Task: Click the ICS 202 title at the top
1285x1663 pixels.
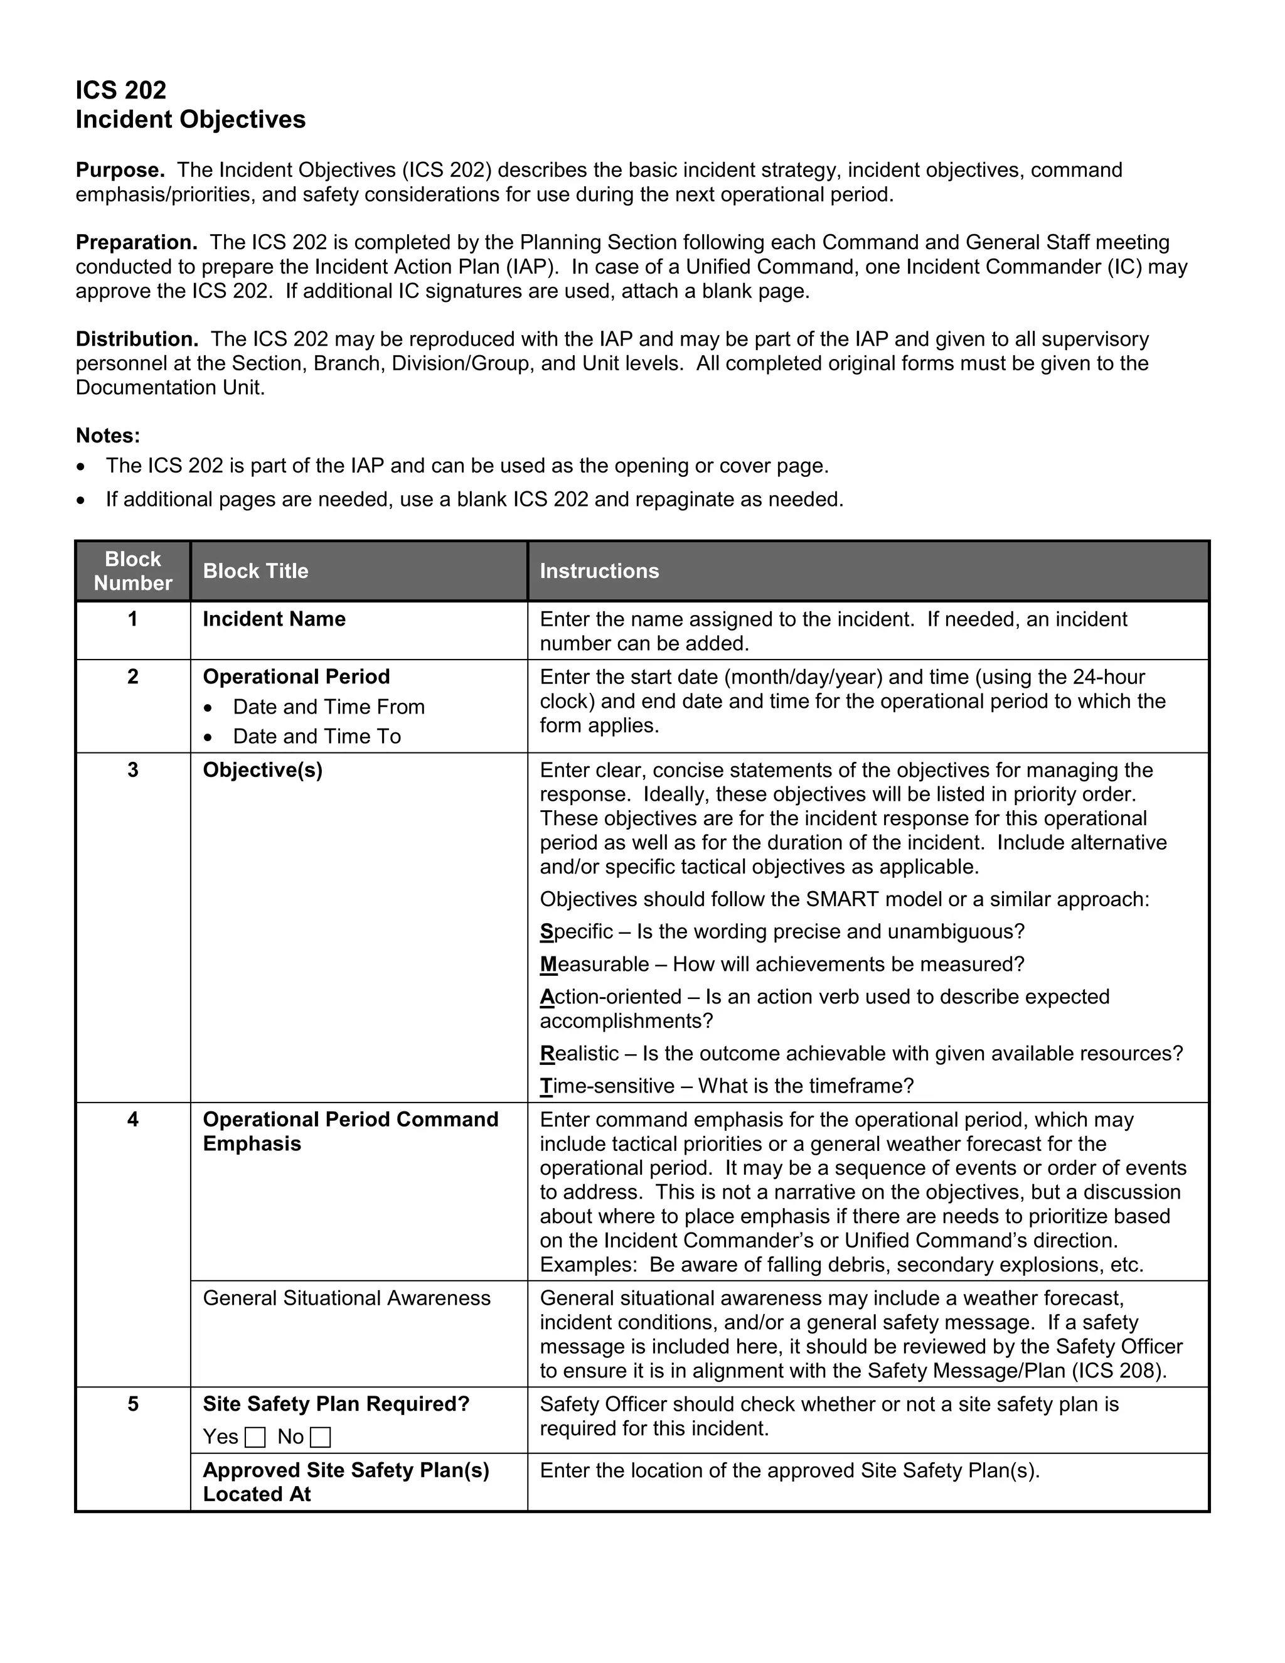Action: point(120,90)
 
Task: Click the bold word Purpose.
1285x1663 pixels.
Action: point(119,170)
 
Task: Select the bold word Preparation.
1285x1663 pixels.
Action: point(136,242)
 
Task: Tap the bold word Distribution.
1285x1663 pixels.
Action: point(137,339)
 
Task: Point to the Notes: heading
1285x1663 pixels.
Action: point(108,436)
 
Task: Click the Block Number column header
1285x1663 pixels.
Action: point(132,571)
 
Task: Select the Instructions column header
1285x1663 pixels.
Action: point(599,571)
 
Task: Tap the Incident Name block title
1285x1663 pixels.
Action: point(274,619)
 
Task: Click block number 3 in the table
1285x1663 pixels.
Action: point(132,770)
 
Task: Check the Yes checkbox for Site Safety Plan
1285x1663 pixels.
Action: point(256,1438)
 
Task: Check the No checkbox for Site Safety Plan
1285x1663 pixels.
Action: point(321,1438)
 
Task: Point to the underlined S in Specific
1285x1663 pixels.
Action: point(547,931)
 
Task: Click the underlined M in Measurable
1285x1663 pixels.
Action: point(548,964)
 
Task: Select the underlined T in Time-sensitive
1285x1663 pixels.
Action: point(546,1086)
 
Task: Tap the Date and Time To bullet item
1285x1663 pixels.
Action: point(317,736)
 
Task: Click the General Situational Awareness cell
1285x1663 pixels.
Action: point(346,1298)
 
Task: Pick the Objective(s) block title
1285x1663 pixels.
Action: point(263,770)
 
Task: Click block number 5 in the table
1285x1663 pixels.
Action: point(132,1404)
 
